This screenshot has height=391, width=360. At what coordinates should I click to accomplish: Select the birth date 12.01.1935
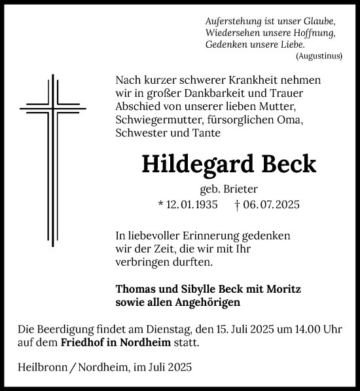(x=190, y=205)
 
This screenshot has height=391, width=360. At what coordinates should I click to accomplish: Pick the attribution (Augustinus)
(x=319, y=56)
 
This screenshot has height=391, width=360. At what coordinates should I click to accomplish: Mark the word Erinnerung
(x=202, y=235)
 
